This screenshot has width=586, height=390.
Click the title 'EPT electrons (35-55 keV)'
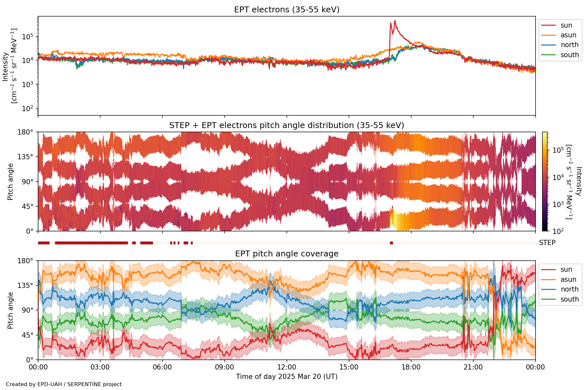[x=286, y=10]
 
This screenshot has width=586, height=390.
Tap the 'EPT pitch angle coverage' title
[x=286, y=254]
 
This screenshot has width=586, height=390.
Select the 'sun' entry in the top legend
[x=566, y=25]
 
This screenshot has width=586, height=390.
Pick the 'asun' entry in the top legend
[x=568, y=35]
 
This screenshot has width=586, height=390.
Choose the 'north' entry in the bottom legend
[x=569, y=289]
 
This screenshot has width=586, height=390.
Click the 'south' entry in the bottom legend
[x=569, y=299]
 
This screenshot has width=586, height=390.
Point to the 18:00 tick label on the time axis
[x=411, y=367]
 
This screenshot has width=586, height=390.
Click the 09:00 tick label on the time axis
[x=225, y=367]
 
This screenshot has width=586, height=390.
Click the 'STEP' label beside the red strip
[x=547, y=243]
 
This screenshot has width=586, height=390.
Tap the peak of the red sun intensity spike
[x=395, y=21]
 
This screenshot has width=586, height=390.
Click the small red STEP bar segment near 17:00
[x=391, y=243]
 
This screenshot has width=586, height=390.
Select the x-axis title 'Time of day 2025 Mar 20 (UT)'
[x=286, y=377]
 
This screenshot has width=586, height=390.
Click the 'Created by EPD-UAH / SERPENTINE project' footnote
[x=64, y=384]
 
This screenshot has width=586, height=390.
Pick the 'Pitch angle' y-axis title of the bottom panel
[x=10, y=310]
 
